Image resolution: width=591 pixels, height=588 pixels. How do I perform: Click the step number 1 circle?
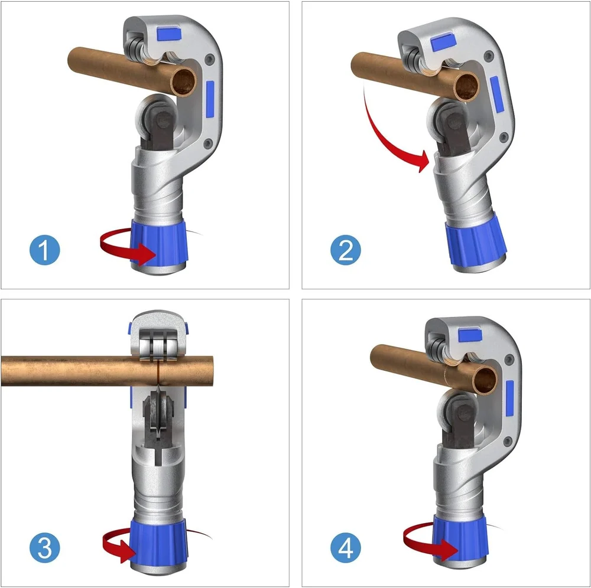click(45, 251)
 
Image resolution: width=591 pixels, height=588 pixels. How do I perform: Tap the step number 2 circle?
click(346, 251)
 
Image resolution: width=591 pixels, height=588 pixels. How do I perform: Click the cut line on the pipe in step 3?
click(158, 370)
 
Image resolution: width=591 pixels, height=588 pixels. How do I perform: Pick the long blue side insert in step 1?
click(210, 97)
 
